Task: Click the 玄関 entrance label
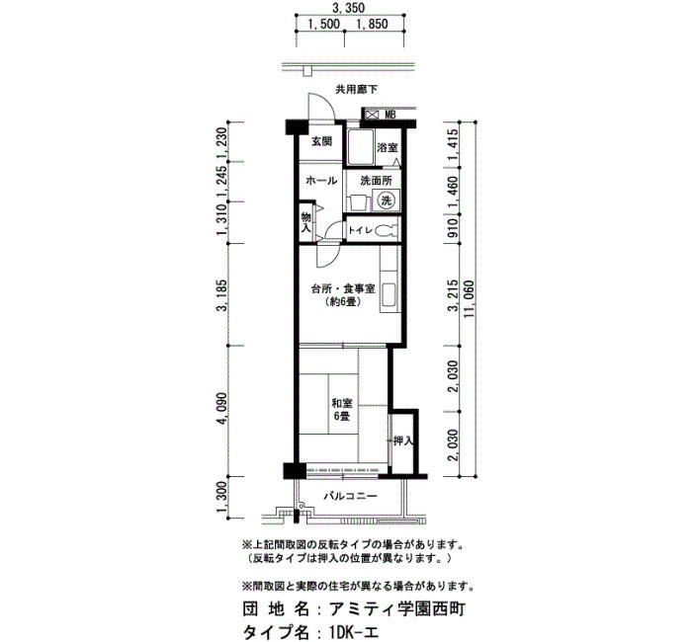pos(321,142)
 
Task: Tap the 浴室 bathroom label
pos(388,148)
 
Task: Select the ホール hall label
pos(321,181)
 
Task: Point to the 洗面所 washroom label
pos(376,181)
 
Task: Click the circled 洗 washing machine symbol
pos(387,201)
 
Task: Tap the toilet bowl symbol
pos(389,230)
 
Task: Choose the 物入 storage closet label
pos(305,222)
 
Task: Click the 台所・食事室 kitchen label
pos(343,288)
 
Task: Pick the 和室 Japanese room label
pos(342,403)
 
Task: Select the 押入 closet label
pos(402,441)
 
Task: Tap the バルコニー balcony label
pos(351,497)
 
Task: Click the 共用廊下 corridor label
pos(357,90)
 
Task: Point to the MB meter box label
pos(389,116)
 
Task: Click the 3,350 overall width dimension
pos(350,8)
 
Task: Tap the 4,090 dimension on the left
pos(222,408)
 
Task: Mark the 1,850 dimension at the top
pos(372,25)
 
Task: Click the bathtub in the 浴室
pos(361,147)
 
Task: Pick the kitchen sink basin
pos(389,295)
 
